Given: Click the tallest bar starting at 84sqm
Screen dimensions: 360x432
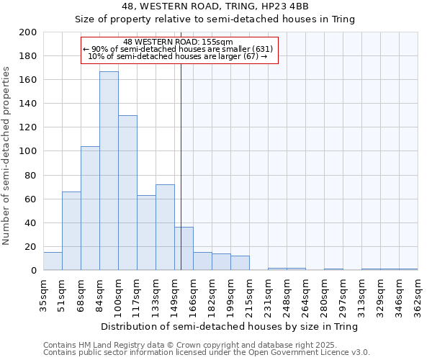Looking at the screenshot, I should coord(109,171).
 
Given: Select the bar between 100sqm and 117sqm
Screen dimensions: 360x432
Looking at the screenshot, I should coord(127,193).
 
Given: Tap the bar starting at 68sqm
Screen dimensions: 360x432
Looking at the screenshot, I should coord(90,208).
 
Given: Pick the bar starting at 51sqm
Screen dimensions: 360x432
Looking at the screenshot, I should coord(71,231).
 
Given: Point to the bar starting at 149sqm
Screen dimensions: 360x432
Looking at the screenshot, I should coord(184,249).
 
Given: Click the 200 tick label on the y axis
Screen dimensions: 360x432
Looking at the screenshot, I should coord(28,32).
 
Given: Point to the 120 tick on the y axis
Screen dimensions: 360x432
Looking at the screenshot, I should coord(28,127).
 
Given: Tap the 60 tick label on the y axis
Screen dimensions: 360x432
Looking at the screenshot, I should coord(31,199).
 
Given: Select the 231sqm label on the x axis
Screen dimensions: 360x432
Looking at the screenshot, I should coord(268,294).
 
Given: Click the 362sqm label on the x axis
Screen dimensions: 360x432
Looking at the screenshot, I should coord(418,294).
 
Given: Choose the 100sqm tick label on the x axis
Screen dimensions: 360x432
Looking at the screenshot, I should coord(118,294).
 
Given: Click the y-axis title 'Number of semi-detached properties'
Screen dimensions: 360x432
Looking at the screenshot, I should coord(7,156).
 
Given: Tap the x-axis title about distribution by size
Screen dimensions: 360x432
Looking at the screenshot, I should coord(230,326).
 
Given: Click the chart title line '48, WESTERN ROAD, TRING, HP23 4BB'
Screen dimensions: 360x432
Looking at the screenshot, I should coord(215,6).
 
